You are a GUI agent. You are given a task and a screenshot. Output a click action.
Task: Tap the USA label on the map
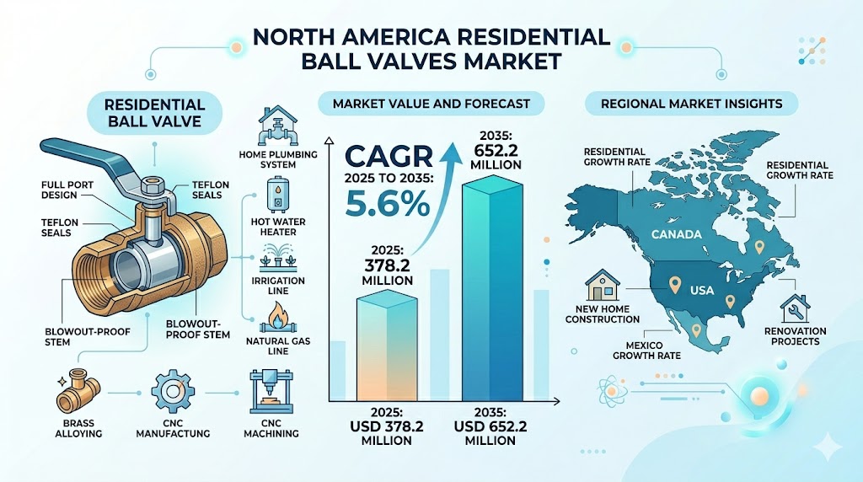[x=701, y=290]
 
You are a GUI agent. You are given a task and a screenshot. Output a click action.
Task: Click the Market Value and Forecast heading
[x=431, y=104]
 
